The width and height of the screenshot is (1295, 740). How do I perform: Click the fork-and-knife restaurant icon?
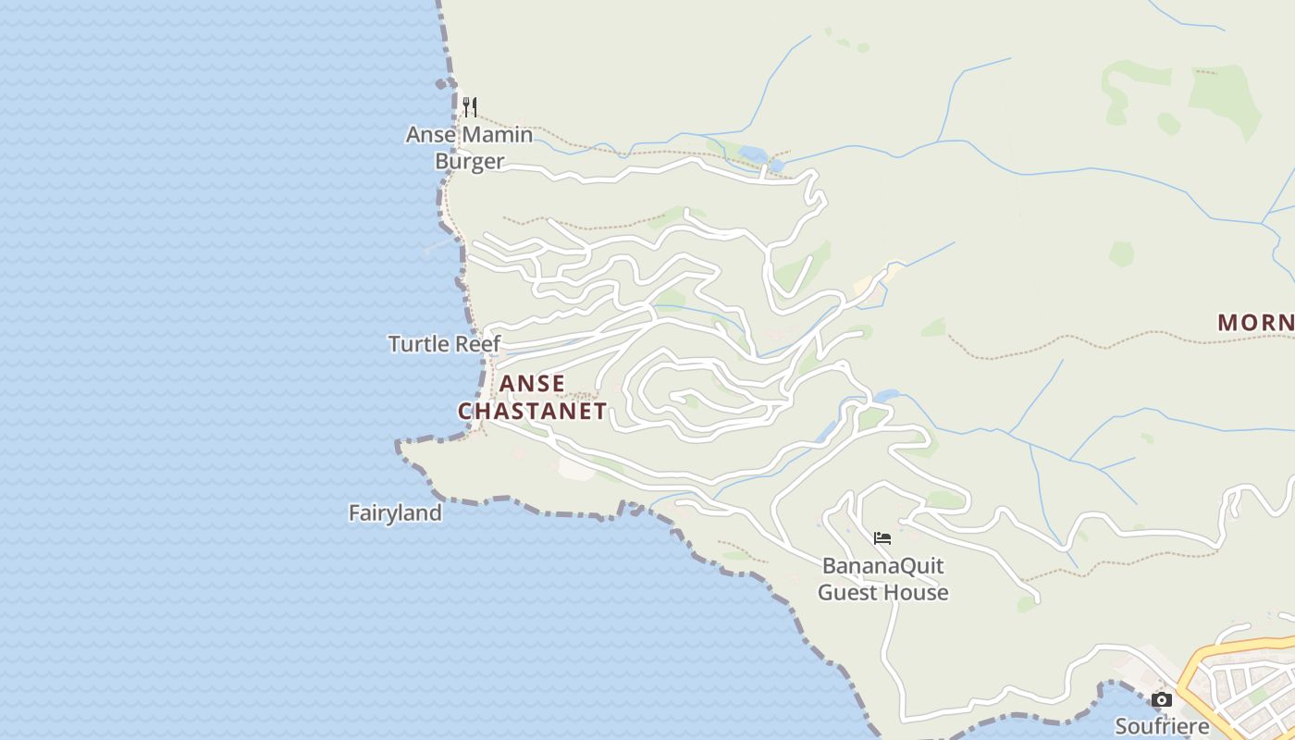[470, 106]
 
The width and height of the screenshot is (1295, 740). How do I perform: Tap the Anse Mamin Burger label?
[470, 148]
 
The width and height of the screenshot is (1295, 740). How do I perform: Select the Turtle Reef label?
[444, 344]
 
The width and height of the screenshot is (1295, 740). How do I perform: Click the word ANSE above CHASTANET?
[532, 383]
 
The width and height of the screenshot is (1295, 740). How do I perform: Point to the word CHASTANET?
[532, 411]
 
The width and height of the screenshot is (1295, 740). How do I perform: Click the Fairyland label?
[395, 512]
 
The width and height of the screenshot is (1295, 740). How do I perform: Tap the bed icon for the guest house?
[882, 537]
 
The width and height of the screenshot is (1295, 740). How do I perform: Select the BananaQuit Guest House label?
[882, 578]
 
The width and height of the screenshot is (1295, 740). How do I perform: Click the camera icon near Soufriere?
[1162, 699]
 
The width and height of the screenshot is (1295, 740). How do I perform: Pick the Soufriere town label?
[1162, 725]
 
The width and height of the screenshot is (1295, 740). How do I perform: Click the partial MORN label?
[1255, 323]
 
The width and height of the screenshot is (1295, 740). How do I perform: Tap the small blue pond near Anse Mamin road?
[751, 154]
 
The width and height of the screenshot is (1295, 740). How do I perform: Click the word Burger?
[470, 162]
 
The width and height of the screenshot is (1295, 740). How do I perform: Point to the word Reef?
[477, 344]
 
